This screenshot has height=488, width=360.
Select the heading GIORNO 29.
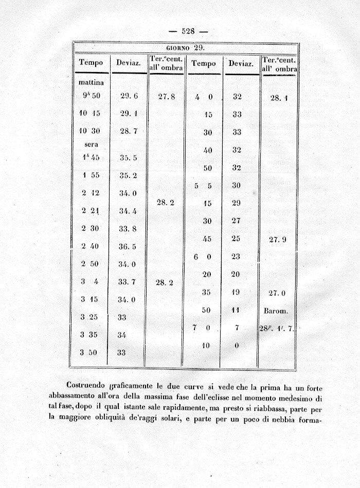[x=186, y=47]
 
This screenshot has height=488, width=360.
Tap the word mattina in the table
[x=91, y=82]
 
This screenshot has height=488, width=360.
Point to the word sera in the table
[x=91, y=144]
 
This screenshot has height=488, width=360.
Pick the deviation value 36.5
[x=127, y=246]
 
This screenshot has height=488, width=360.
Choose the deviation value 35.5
[x=128, y=158]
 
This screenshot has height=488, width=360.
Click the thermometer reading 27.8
[x=166, y=96]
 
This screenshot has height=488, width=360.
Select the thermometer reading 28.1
[x=278, y=98]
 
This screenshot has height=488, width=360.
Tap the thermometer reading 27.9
[x=278, y=240]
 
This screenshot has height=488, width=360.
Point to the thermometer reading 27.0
[x=278, y=293]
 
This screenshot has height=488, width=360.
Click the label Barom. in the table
[x=278, y=311]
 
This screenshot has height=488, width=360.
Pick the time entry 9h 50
[x=89, y=96]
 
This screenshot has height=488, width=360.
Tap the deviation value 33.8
[x=127, y=228]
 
